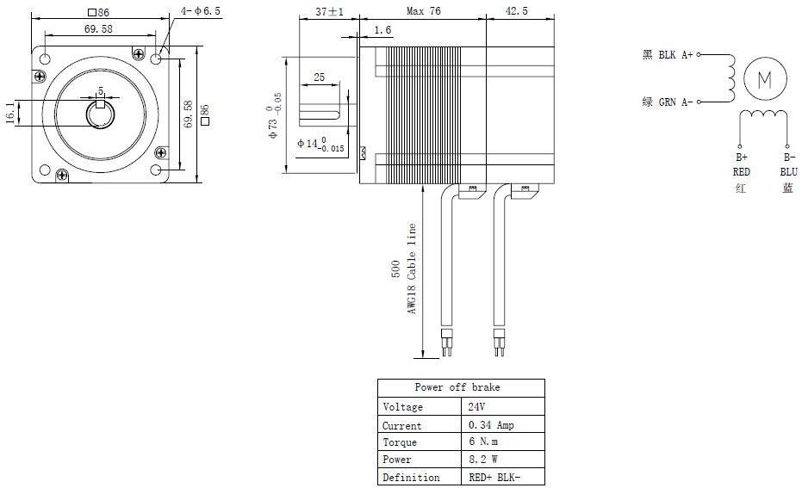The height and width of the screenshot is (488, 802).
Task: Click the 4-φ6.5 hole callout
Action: (x=201, y=10)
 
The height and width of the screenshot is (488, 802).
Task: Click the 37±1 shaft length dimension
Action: (x=329, y=11)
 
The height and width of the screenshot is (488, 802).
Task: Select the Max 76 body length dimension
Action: (x=424, y=10)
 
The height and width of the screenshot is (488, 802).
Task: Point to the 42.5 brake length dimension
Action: (x=517, y=10)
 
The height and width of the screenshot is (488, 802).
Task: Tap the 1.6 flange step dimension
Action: (x=382, y=30)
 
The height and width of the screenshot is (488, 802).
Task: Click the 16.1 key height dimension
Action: (x=10, y=113)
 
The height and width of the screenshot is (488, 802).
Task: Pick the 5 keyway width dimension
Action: (x=101, y=91)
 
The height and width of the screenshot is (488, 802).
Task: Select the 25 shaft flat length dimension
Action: (x=319, y=77)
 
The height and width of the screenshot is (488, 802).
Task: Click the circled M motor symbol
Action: (x=765, y=78)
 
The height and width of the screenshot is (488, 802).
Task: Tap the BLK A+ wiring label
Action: (x=675, y=55)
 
